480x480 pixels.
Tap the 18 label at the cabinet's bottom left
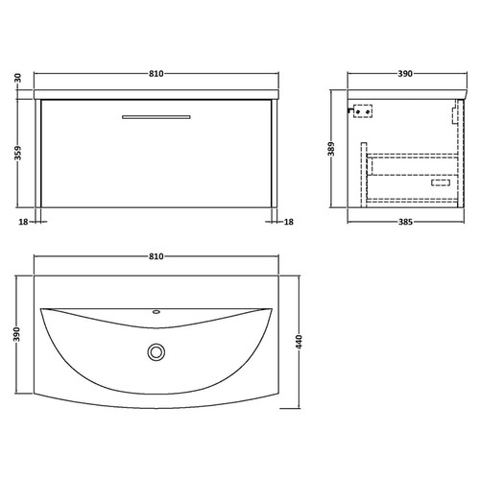tap(21, 222)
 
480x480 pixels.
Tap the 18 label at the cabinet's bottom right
tap(289, 222)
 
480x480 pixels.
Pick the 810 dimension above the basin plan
tap(156, 257)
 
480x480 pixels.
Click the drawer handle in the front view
tap(156, 117)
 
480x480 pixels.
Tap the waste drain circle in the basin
tap(156, 353)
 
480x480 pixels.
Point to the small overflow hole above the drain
tap(156, 313)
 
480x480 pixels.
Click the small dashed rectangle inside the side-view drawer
tap(442, 181)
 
